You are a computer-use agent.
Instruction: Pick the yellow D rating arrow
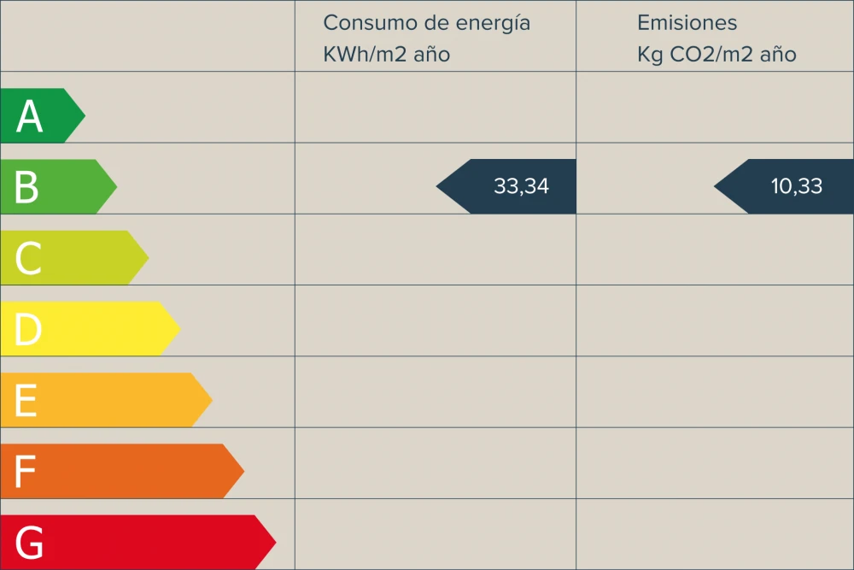pyautogui.click(x=90, y=328)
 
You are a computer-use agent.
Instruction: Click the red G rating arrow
pyautogui.click(x=137, y=542)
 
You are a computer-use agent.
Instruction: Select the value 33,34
pyautogui.click(x=521, y=186)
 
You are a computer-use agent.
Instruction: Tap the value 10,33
pyautogui.click(x=797, y=186)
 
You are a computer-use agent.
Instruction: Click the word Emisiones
pyautogui.click(x=687, y=23)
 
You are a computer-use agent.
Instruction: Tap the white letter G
pyautogui.click(x=29, y=542)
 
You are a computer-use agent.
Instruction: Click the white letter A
pyautogui.click(x=29, y=116)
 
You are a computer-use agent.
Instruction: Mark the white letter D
pyautogui.click(x=27, y=329)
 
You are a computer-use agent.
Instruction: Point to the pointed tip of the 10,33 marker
pyautogui.click(x=717, y=186)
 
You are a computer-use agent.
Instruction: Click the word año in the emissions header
pyautogui.click(x=777, y=55)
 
